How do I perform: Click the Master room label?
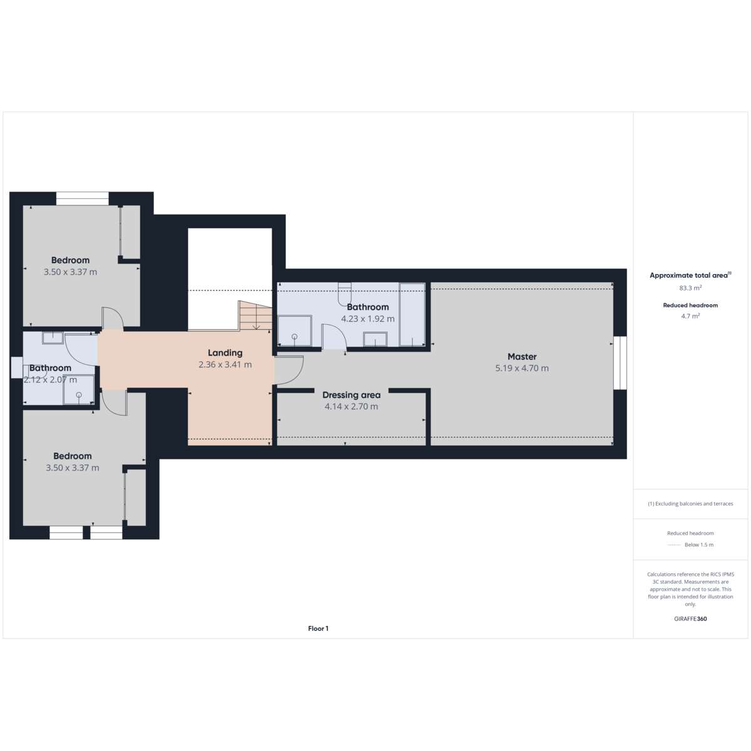pos(522,356)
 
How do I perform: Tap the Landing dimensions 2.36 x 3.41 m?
pos(225,365)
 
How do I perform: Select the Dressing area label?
pos(351,395)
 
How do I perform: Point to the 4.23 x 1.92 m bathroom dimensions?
pos(367,319)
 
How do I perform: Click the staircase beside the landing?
pos(255,315)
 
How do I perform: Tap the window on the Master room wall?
pos(620,363)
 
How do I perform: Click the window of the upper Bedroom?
pos(82,198)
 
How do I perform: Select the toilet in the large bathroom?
pos(344,293)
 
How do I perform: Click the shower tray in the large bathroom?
pos(295,330)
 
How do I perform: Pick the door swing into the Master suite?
pos(289,370)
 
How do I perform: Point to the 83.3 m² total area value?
pos(690,288)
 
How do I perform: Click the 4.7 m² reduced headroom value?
pos(690,316)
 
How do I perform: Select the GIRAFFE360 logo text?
pos(690,618)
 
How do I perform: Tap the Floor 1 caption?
pos(318,628)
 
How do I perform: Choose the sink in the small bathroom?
pos(53,338)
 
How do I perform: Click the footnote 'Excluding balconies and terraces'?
pos(690,504)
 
